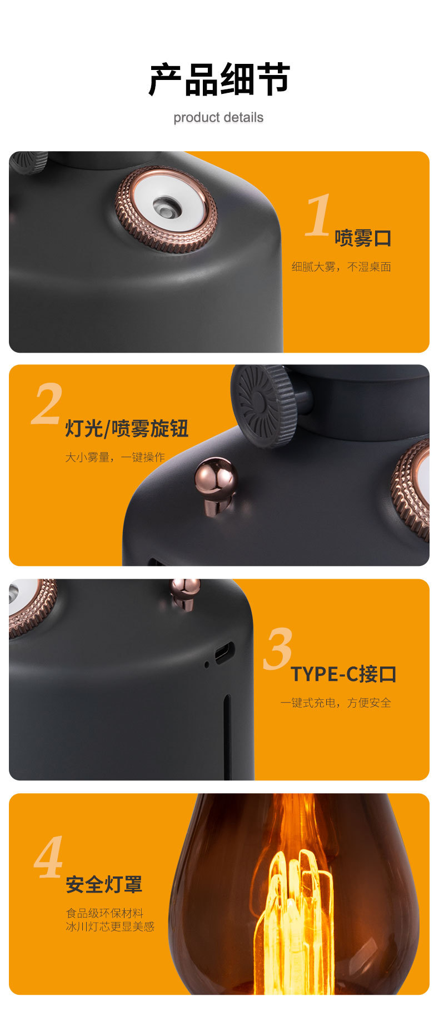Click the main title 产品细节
tap(219, 79)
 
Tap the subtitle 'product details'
tap(218, 118)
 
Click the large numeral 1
tap(318, 216)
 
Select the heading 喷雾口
tap(363, 238)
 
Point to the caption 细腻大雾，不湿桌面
tap(341, 267)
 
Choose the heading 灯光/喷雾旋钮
tap(127, 429)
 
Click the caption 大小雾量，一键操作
tap(115, 457)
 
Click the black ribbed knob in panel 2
tap(263, 405)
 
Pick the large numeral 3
tap(277, 648)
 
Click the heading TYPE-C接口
tap(343, 674)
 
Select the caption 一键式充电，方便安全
tap(336, 703)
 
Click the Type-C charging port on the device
tap(224, 653)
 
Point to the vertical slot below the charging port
tap(227, 736)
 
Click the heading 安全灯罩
tap(104, 884)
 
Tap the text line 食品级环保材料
tap(104, 913)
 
